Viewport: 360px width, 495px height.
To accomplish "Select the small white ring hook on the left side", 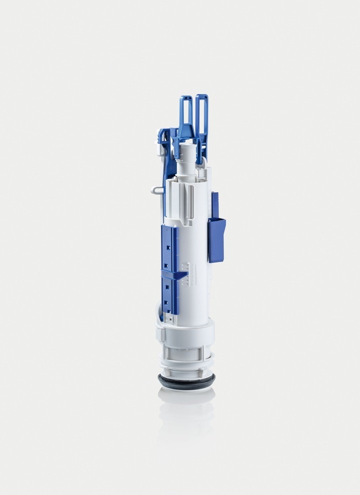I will point(156,189).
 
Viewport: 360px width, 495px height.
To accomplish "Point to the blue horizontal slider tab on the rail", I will point(173,274).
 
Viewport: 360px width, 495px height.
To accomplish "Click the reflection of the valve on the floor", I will point(186,410).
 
